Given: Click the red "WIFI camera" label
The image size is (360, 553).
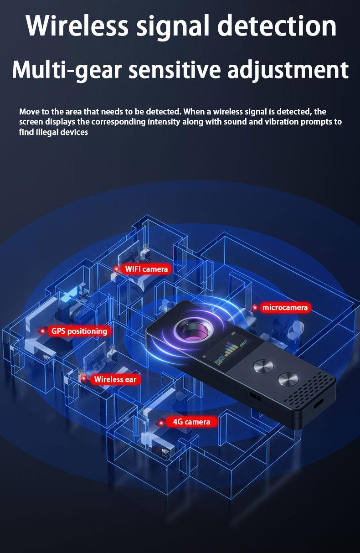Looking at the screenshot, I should point(146,269).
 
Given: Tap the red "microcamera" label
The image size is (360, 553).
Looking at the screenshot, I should point(285,308).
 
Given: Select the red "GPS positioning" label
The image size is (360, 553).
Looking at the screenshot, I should point(79,331).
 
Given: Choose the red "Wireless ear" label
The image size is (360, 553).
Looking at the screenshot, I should point(115,379).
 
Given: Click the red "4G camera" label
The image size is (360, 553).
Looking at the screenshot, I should point(191,422).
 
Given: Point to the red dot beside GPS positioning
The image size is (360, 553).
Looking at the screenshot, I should point(42,331).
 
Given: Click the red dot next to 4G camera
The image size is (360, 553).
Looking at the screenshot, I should point(161,423).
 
